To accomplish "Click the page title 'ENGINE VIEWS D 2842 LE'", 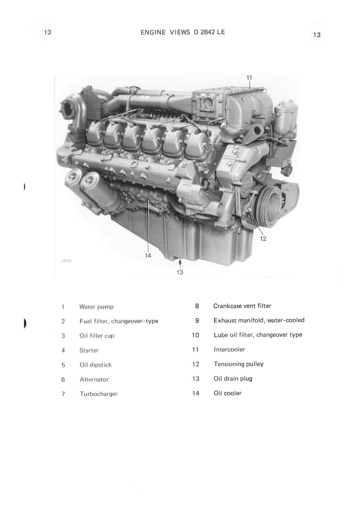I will (x=182, y=32).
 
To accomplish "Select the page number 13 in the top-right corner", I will (x=316, y=35).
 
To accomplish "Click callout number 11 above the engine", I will (x=249, y=77).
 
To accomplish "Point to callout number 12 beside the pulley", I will (x=263, y=239).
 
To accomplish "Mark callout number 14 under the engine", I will (x=148, y=256).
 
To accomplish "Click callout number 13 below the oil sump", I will (x=180, y=272).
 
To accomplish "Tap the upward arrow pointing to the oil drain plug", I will (x=180, y=263).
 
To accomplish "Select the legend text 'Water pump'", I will (x=96, y=307).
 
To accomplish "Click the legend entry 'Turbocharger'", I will (x=98, y=394).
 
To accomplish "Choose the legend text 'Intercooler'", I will (x=229, y=349).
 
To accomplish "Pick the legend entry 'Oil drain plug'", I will (x=233, y=379).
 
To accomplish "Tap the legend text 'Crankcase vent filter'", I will (x=242, y=306).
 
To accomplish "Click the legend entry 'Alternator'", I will (x=94, y=380).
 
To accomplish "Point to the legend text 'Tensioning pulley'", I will (x=238, y=364).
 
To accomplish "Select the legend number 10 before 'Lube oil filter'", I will (x=196, y=335).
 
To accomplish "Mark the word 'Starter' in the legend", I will (x=89, y=350).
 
